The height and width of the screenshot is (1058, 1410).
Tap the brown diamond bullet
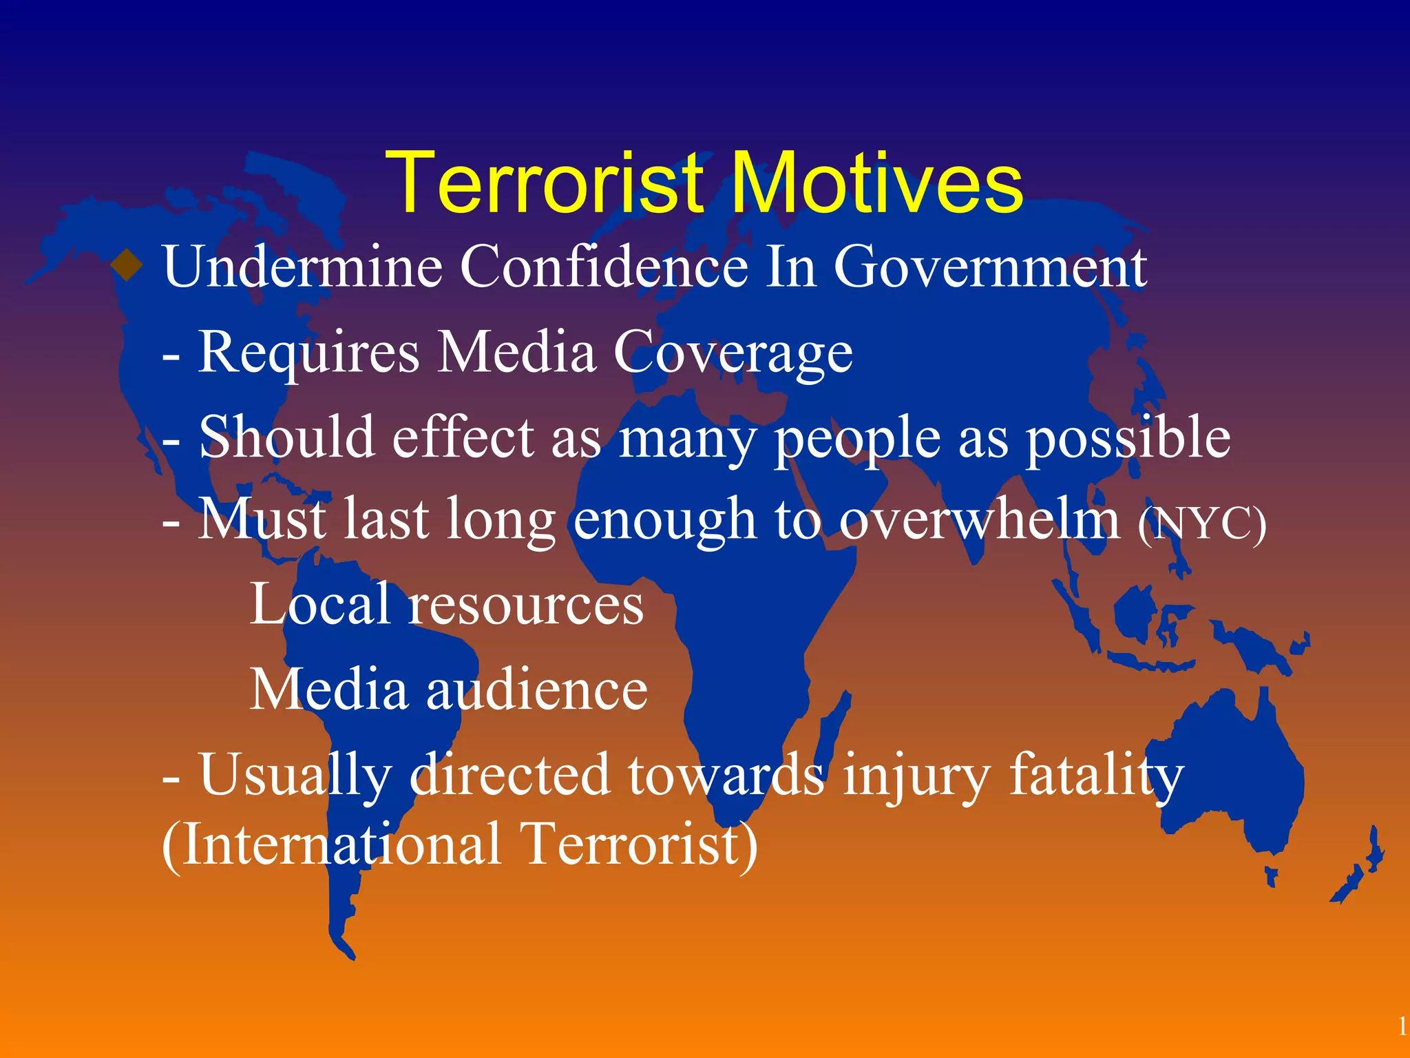tap(127, 265)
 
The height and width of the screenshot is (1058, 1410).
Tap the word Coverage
tap(733, 353)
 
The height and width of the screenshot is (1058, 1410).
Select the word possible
tap(1128, 439)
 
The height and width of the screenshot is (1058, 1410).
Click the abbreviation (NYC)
tap(1201, 525)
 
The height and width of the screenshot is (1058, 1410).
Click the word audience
tap(537, 690)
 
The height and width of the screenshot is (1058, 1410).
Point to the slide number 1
tap(1402, 1027)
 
